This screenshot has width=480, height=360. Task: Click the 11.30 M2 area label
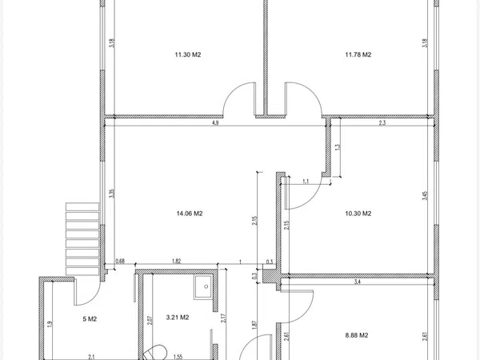(x=188, y=54)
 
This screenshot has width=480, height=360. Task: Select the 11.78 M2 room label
(x=358, y=54)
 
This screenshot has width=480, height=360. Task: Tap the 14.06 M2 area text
(x=190, y=214)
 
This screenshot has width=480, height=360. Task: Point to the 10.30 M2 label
(x=358, y=214)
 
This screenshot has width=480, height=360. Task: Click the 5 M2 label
(x=90, y=319)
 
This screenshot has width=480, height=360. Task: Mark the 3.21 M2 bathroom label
(x=178, y=318)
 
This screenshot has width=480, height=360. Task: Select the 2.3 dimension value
(x=382, y=123)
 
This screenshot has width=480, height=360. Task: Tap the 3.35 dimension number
(x=112, y=194)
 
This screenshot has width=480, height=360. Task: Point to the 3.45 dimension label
(x=425, y=196)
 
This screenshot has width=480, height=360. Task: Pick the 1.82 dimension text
(x=176, y=261)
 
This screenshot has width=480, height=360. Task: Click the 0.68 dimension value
(x=120, y=261)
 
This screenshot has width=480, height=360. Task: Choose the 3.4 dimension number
(x=358, y=282)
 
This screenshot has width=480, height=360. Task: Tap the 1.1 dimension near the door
(x=306, y=182)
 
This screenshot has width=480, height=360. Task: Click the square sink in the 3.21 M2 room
(x=203, y=287)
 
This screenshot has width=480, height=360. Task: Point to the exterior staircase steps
(x=82, y=238)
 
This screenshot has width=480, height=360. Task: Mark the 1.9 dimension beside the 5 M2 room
(x=50, y=324)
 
